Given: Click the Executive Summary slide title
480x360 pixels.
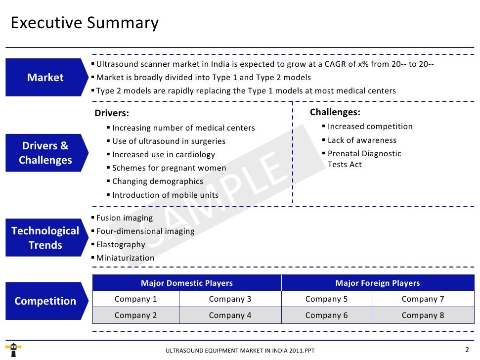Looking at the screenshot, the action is tap(85, 23).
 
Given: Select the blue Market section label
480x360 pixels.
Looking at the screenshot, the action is tap(45, 77).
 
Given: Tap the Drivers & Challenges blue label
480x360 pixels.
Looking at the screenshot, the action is tap(45, 153).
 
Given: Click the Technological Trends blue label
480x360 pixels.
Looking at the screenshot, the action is tap(45, 237).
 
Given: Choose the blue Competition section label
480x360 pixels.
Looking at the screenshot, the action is tap(45, 301).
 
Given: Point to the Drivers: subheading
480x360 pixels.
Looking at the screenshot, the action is tap(112, 113).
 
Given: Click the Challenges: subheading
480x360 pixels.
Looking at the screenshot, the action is tap(335, 112).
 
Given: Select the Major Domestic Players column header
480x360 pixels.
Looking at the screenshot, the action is tap(187, 283).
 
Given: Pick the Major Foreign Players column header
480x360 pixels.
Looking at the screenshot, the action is tap(377, 283).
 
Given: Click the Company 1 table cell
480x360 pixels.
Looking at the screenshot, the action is tap(135, 299).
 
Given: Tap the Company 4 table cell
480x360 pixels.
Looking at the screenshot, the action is tap(230, 315).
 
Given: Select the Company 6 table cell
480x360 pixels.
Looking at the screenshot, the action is tap(326, 315).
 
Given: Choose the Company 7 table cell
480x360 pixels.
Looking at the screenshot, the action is tap(423, 299).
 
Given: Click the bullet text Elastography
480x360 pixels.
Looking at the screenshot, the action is tap(121, 244).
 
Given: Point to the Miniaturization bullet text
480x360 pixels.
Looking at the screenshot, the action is tap(125, 258).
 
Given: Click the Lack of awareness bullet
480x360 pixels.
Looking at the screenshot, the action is tap(362, 140).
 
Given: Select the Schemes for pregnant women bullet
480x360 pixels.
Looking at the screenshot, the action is tap(169, 168).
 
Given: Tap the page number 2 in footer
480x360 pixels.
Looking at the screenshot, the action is tap(467, 349).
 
